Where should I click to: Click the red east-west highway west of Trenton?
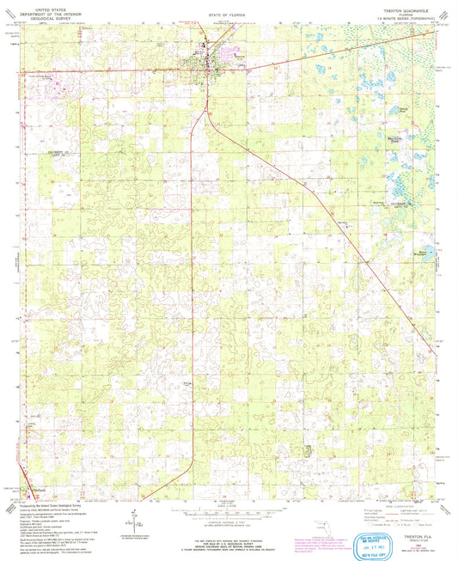103,71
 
